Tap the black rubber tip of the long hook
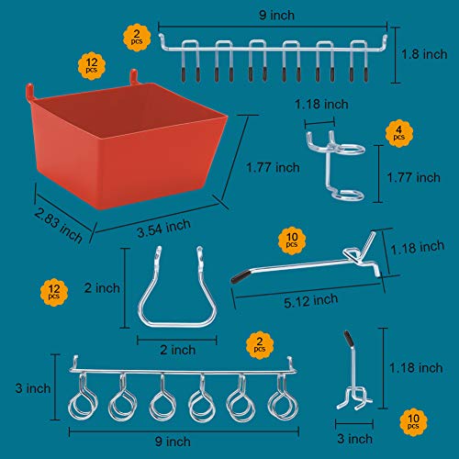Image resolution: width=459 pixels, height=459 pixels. [239, 274]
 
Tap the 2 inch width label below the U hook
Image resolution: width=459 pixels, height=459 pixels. [176, 349]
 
